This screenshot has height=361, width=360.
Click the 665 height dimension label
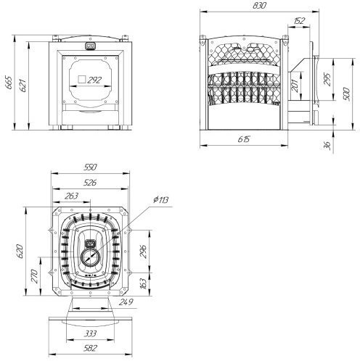pyautogui.click(x=9, y=83)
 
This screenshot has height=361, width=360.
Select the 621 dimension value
pyautogui.click(x=23, y=86)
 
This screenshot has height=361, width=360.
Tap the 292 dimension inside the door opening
pyautogui.click(x=94, y=80)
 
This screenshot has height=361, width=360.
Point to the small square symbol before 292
pyautogui.click(x=82, y=80)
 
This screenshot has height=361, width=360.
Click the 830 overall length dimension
pyautogui.click(x=259, y=6)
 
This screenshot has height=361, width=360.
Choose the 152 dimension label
pyautogui.click(x=299, y=21)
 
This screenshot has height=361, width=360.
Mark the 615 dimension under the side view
pyautogui.click(x=244, y=139)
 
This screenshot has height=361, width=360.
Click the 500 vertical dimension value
pyautogui.click(x=346, y=94)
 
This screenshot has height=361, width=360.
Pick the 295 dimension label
pyautogui.click(x=327, y=79)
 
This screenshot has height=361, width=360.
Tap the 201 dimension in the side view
pyautogui.click(x=295, y=86)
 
